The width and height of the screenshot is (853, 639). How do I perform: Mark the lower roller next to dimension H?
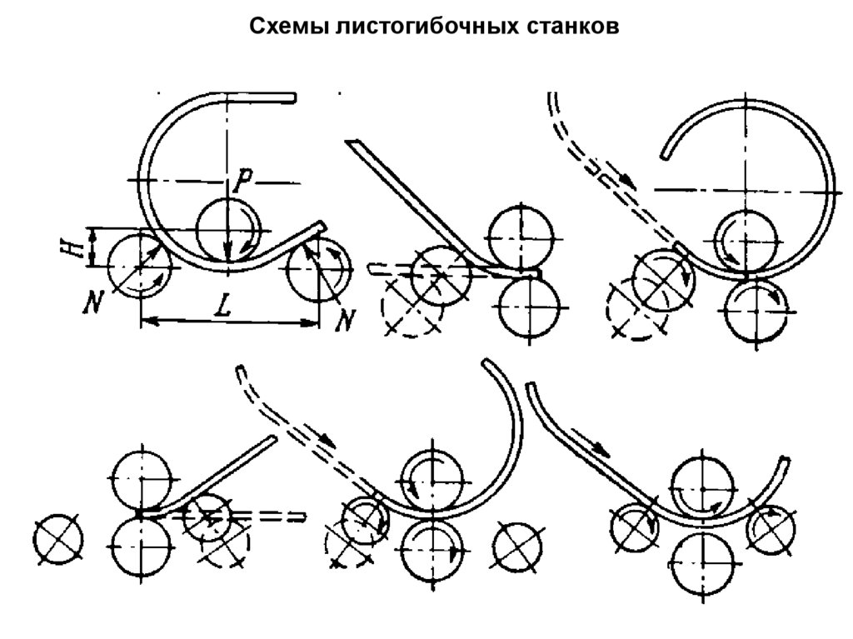tap(139, 265)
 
